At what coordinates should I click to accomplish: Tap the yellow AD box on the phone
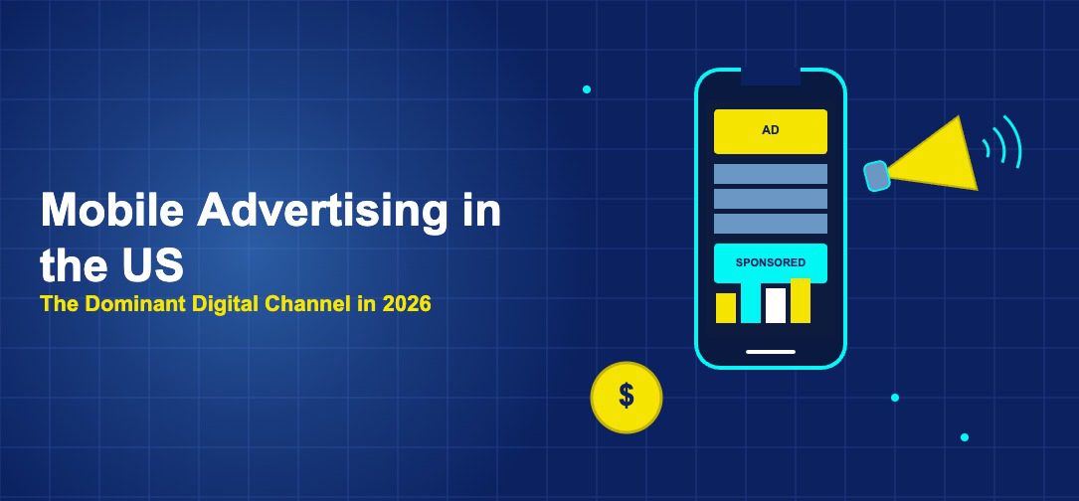coord(771,131)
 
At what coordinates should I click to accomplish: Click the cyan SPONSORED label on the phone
coord(771,262)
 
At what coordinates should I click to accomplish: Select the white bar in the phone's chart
coord(776,305)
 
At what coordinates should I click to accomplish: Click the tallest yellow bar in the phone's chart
coord(801,301)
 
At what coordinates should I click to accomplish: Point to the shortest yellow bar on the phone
coord(726,308)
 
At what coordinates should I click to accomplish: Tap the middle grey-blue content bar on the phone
coord(771,199)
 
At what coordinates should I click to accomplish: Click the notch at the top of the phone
coord(771,77)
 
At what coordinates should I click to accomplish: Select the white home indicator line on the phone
coord(771,351)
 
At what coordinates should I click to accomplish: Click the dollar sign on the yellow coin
coord(627,396)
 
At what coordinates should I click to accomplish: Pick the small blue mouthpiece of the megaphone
coord(875,176)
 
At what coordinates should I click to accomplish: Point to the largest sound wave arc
coord(1013,142)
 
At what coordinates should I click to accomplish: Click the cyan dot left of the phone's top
coord(587,89)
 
